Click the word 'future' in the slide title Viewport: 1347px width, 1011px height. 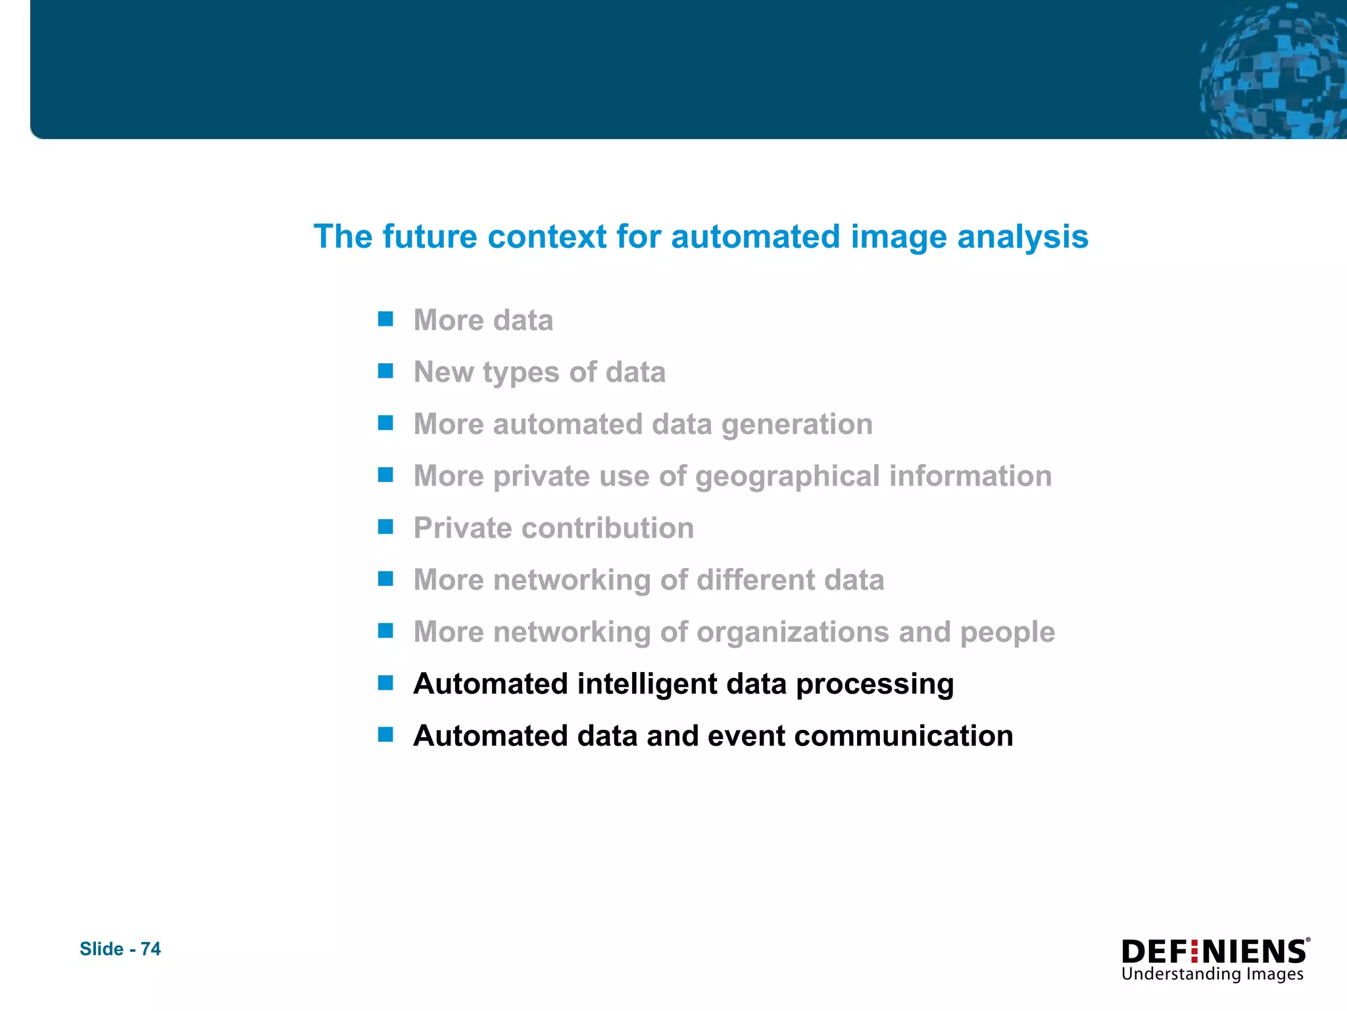click(x=429, y=236)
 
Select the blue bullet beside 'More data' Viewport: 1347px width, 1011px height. click(x=385, y=319)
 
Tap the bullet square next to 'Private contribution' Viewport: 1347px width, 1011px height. click(x=385, y=527)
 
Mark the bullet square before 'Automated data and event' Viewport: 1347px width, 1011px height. click(x=385, y=735)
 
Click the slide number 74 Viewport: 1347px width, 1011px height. click(x=151, y=948)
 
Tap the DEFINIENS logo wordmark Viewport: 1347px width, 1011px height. click(x=1214, y=952)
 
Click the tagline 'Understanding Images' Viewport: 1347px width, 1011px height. click(x=1212, y=974)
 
